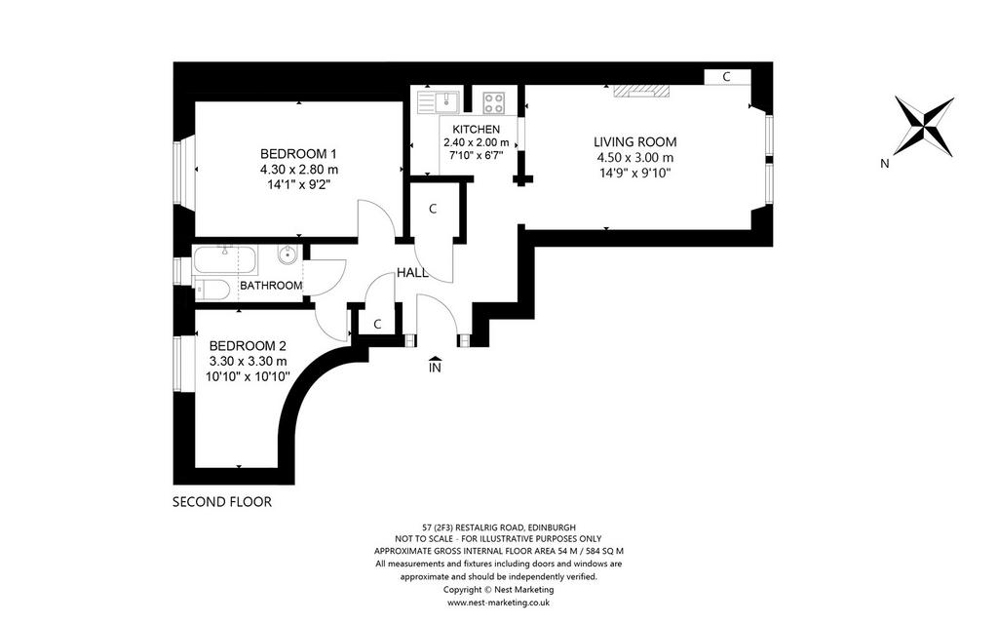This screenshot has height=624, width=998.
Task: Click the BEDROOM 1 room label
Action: point(298,153)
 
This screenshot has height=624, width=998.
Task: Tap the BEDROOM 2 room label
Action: point(248,346)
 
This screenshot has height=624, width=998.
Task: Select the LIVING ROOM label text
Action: point(635,142)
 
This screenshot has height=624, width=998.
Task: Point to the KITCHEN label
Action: point(476,130)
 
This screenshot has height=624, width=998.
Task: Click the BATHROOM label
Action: point(271,286)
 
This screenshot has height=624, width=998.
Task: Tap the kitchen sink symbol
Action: point(439,101)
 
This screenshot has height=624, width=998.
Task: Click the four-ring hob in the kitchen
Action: point(494,102)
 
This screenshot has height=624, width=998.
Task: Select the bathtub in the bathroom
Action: point(225,259)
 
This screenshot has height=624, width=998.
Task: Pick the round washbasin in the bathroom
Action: point(288,255)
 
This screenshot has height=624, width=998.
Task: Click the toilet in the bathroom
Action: point(211,290)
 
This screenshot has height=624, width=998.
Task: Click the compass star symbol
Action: point(924,126)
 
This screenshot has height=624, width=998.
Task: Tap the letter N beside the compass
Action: point(885,164)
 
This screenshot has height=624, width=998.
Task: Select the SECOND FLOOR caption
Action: point(222,502)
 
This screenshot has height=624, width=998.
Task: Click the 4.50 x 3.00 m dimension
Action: point(635,158)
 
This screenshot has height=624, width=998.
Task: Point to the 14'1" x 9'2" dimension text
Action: point(298,184)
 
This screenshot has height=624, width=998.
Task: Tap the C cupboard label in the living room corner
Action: point(726,77)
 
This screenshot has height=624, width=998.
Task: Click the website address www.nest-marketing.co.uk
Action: point(498,602)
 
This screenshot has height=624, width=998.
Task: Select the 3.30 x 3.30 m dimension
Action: point(248,361)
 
